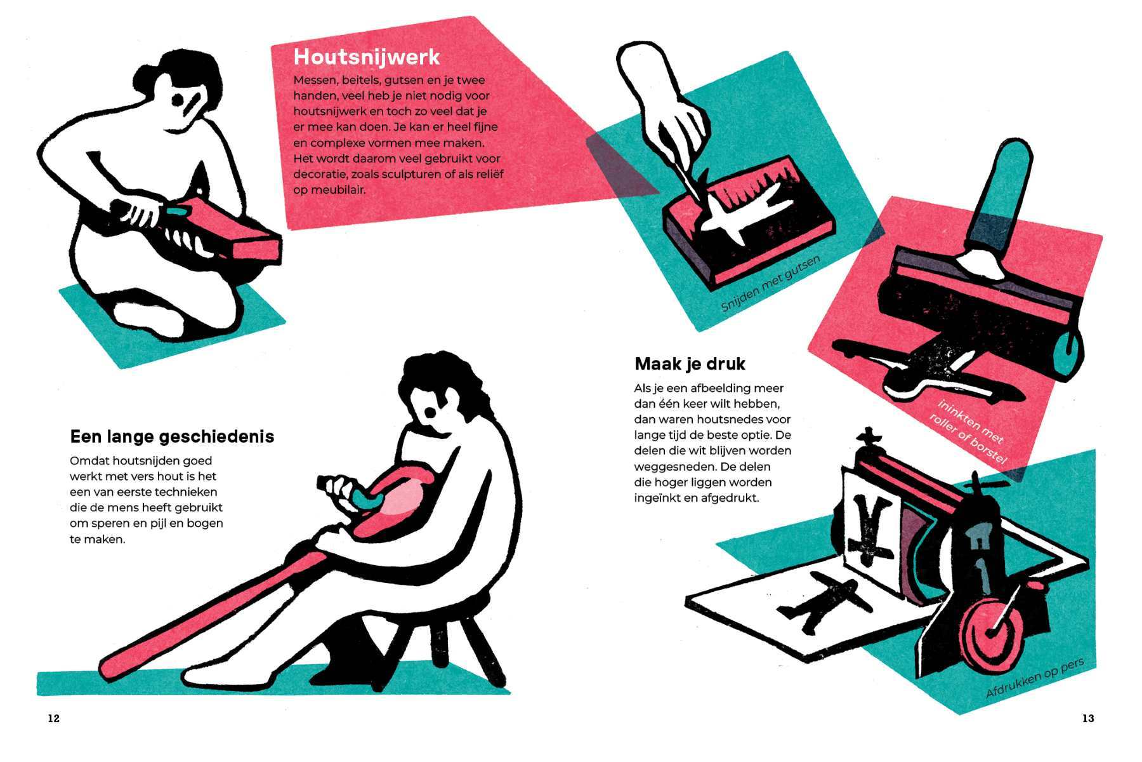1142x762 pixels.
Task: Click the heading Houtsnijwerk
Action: [x=366, y=57]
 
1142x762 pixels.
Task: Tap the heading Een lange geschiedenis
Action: [x=172, y=437]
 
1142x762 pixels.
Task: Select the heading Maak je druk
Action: [x=690, y=364]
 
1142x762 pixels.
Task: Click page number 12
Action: [x=53, y=718]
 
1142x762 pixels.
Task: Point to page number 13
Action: [x=1088, y=718]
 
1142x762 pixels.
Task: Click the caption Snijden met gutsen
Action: [x=771, y=283]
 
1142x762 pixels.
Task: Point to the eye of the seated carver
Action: [x=430, y=413]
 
